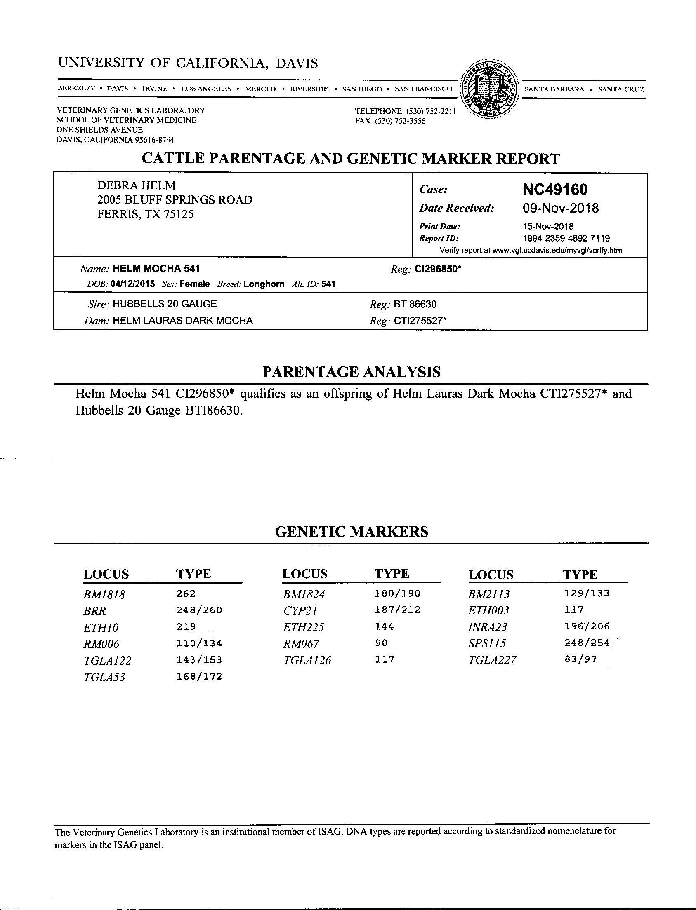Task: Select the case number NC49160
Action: pyautogui.click(x=555, y=190)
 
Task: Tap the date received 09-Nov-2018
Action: pyautogui.click(x=561, y=208)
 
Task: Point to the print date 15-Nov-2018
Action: pyautogui.click(x=548, y=226)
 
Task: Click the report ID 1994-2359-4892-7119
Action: pyautogui.click(x=566, y=238)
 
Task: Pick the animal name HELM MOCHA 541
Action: pyautogui.click(x=156, y=269)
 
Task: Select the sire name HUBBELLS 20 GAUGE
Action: pyautogui.click(x=165, y=304)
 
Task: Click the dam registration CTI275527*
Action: pyautogui.click(x=420, y=321)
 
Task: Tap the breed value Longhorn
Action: pyautogui.click(x=264, y=284)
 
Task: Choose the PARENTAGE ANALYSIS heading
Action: pyautogui.click(x=352, y=372)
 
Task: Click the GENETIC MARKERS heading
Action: pyautogui.click(x=352, y=531)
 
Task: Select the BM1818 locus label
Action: pyautogui.click(x=104, y=595)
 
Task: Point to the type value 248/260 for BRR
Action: pyautogui.click(x=199, y=610)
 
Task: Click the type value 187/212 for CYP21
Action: pyautogui.click(x=397, y=610)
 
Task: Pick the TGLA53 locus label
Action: pyautogui.click(x=104, y=677)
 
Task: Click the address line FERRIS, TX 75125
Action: pyautogui.click(x=145, y=214)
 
